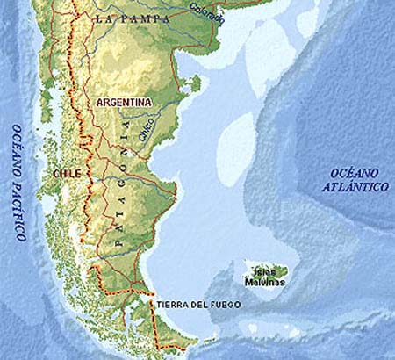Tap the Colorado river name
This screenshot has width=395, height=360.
pyautogui.click(x=206, y=13)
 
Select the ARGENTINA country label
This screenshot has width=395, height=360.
pyautogui.click(x=124, y=102)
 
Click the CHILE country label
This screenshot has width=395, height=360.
pyautogui.click(x=67, y=174)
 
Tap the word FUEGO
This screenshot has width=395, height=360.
pyautogui.click(x=225, y=305)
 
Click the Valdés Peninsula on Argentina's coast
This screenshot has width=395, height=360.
pyautogui.click(x=193, y=84)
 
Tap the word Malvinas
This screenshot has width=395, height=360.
pyautogui.click(x=269, y=282)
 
